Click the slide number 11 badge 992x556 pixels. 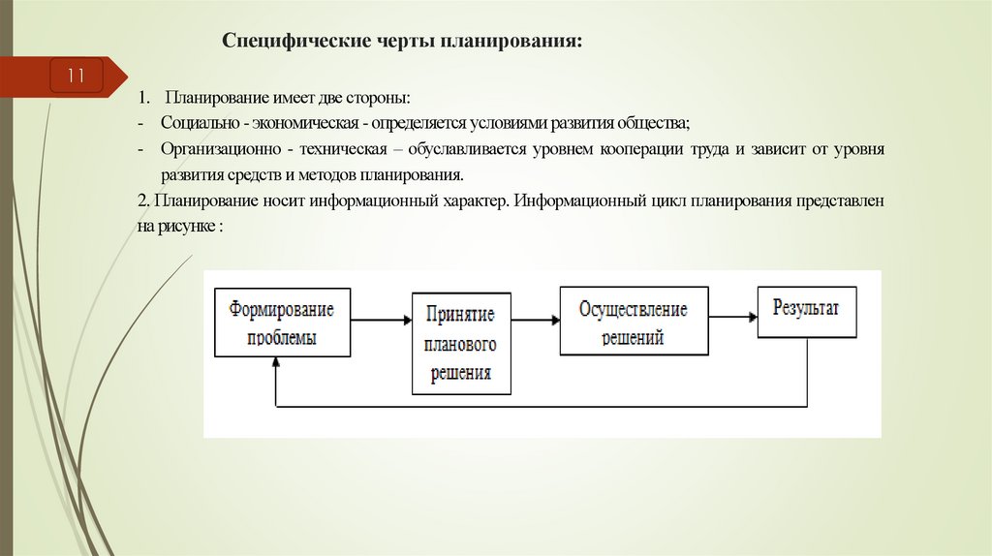coord(77,76)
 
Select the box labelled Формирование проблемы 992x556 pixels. coord(282,324)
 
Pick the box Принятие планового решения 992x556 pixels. coord(460,343)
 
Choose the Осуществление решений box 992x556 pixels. coord(634,322)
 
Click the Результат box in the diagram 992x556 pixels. coord(807,311)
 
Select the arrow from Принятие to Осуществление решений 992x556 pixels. coord(535,318)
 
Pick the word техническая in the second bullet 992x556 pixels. coord(355,150)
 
